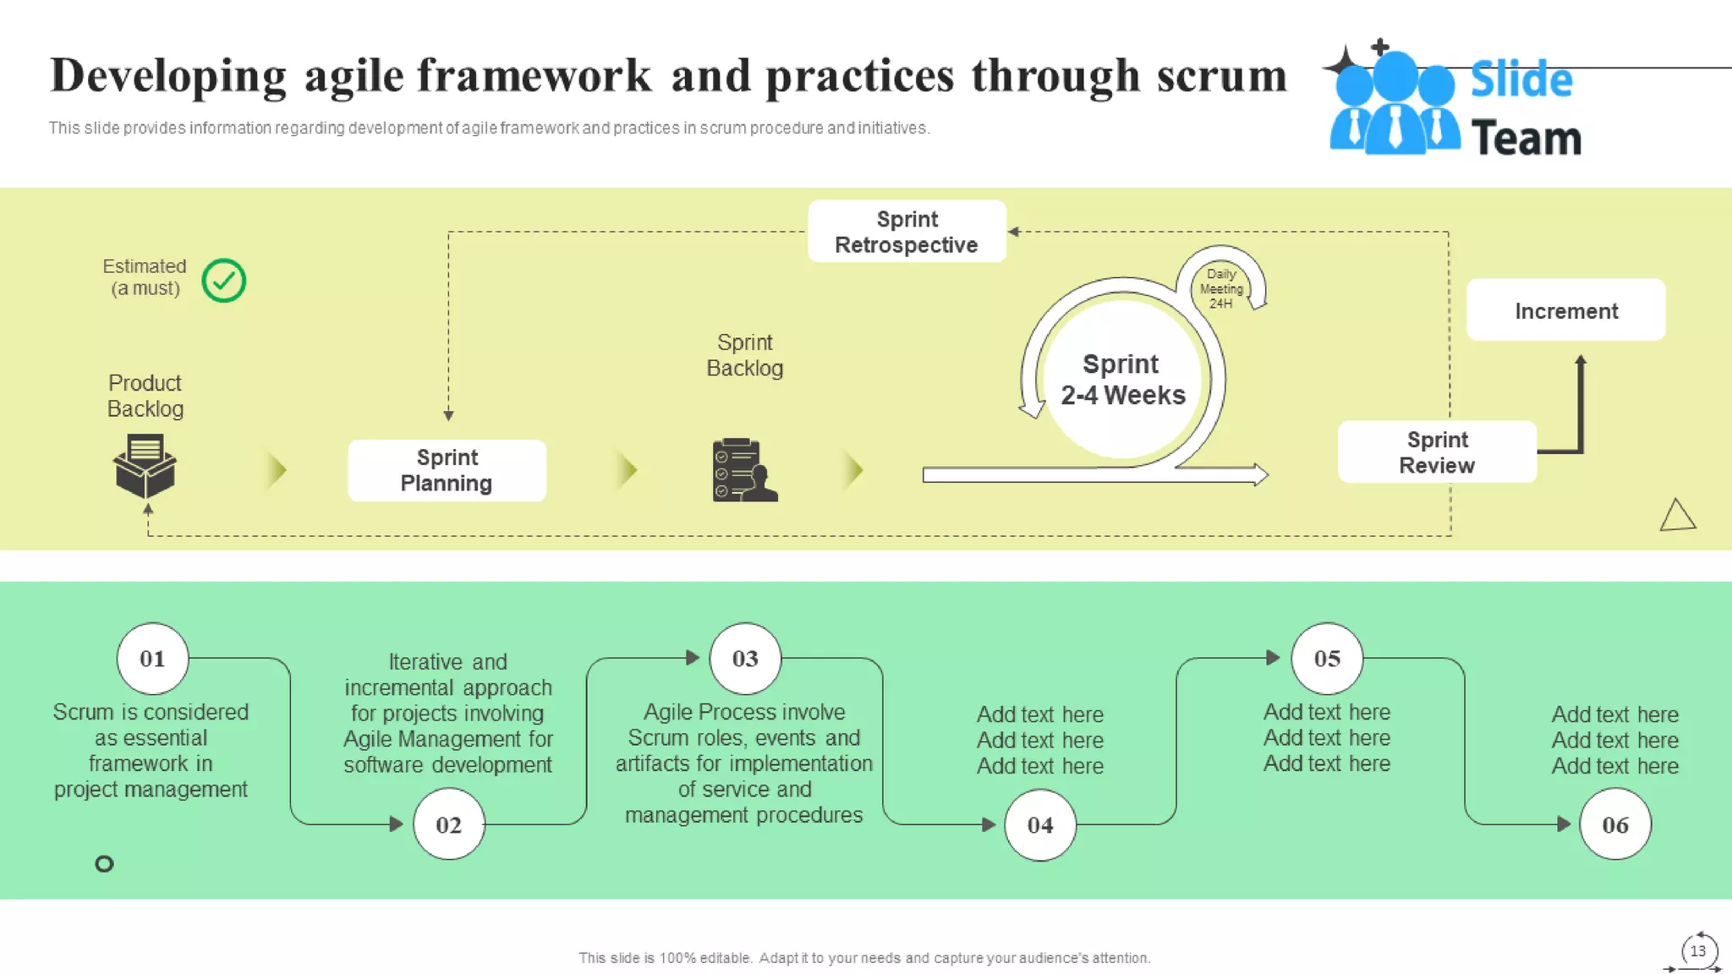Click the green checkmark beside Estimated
click(224, 281)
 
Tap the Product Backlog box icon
click(145, 466)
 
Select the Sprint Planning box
click(447, 470)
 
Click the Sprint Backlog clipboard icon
click(743, 471)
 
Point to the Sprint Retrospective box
click(907, 232)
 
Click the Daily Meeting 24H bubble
click(1220, 288)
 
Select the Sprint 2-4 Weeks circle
click(1122, 380)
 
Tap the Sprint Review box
click(1437, 452)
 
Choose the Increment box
click(1565, 310)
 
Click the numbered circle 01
click(152, 659)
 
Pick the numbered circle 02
click(448, 824)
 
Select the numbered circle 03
click(745, 659)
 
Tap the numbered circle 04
click(1040, 824)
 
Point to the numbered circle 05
click(1327, 659)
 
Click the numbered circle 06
click(1614, 824)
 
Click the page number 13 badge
click(1697, 951)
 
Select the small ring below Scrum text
click(104, 863)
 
